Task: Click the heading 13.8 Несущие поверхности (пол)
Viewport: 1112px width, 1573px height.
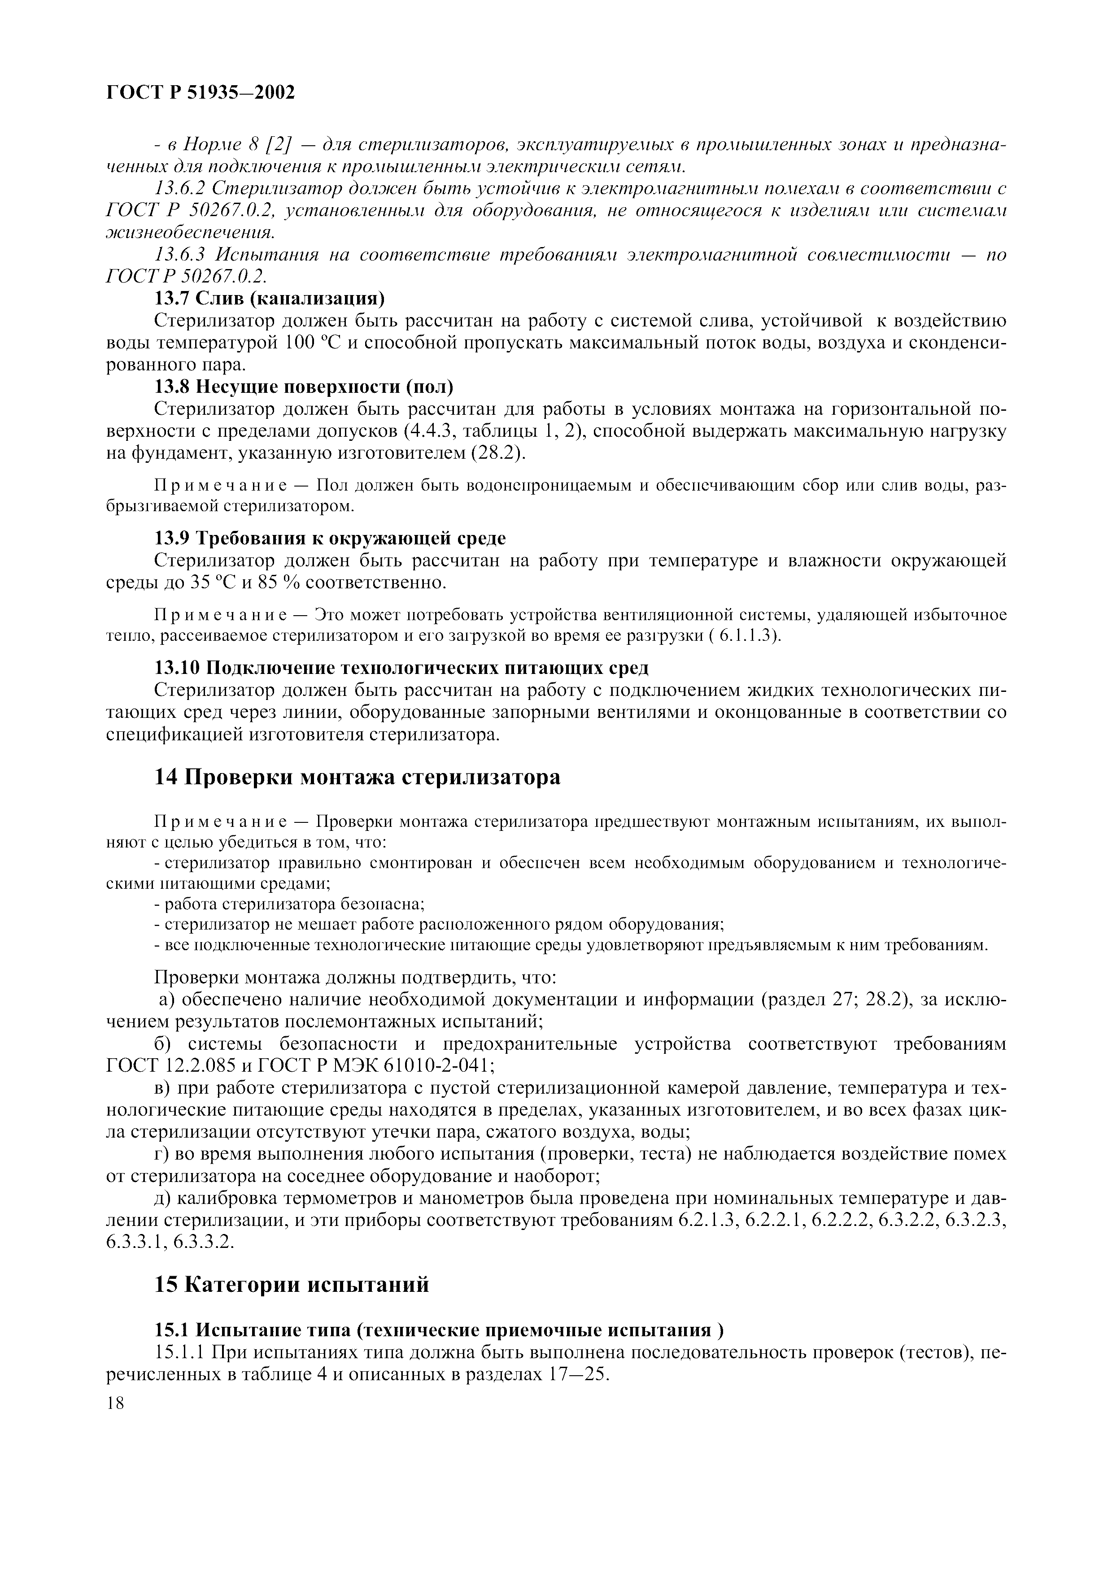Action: (304, 387)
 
